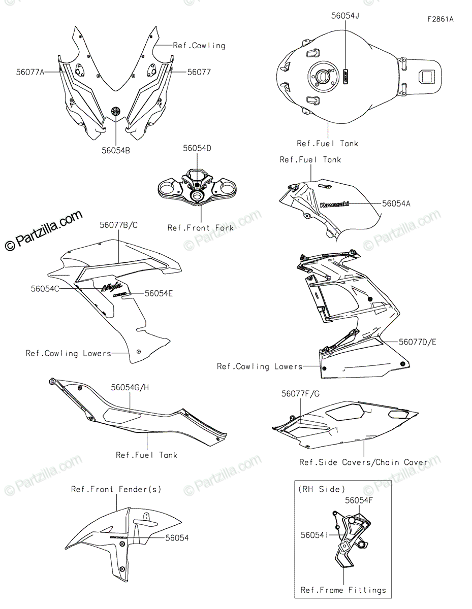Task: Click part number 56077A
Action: tap(30, 73)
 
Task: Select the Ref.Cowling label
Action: tap(199, 45)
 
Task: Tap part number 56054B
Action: tap(116, 150)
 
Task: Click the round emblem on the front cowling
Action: tap(116, 111)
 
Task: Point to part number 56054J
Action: tap(345, 16)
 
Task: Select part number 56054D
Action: tap(197, 148)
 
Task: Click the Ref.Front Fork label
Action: tap(201, 228)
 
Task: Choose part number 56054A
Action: tap(396, 204)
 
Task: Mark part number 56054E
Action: tap(159, 293)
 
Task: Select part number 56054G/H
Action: tap(130, 388)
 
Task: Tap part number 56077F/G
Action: tap(300, 393)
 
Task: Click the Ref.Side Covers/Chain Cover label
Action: tap(363, 462)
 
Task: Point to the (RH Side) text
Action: tap(321, 489)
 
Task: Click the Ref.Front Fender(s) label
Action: tap(116, 489)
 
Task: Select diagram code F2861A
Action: tap(440, 20)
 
